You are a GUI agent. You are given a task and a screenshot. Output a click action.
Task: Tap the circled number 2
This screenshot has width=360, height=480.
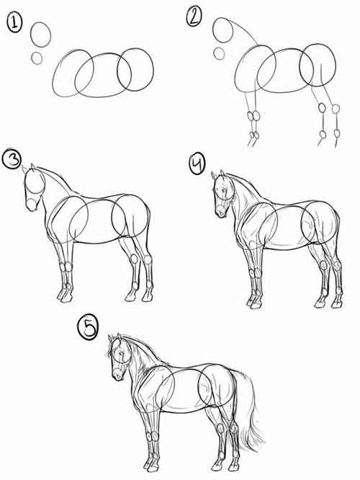[x=194, y=17]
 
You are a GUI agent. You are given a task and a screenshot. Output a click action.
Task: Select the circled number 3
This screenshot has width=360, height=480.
[x=12, y=159]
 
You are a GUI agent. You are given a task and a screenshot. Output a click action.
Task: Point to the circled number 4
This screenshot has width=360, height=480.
[x=197, y=164]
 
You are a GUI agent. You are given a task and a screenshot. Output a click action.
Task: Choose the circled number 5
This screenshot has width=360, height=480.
[x=88, y=328]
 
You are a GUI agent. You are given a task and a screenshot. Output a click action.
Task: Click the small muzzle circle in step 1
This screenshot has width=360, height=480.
[x=37, y=58]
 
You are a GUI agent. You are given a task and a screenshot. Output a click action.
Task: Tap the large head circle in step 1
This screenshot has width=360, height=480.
[x=40, y=35]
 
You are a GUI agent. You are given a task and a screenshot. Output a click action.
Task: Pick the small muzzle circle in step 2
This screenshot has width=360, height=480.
[x=219, y=53]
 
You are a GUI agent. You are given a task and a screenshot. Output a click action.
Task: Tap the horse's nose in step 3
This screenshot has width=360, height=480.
[x=31, y=205]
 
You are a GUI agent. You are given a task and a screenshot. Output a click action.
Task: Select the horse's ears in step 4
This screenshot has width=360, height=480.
[x=217, y=174]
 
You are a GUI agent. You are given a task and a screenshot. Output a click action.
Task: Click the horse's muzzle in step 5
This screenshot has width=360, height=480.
[x=117, y=374]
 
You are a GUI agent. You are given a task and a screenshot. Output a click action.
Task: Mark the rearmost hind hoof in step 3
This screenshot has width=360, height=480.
[x=148, y=297]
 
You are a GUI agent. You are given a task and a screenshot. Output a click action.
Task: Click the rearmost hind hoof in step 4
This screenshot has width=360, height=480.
[x=336, y=303]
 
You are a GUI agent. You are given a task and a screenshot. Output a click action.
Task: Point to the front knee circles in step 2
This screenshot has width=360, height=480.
[x=253, y=116]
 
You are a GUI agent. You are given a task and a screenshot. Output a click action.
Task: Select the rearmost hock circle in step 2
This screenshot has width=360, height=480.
[x=336, y=109]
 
